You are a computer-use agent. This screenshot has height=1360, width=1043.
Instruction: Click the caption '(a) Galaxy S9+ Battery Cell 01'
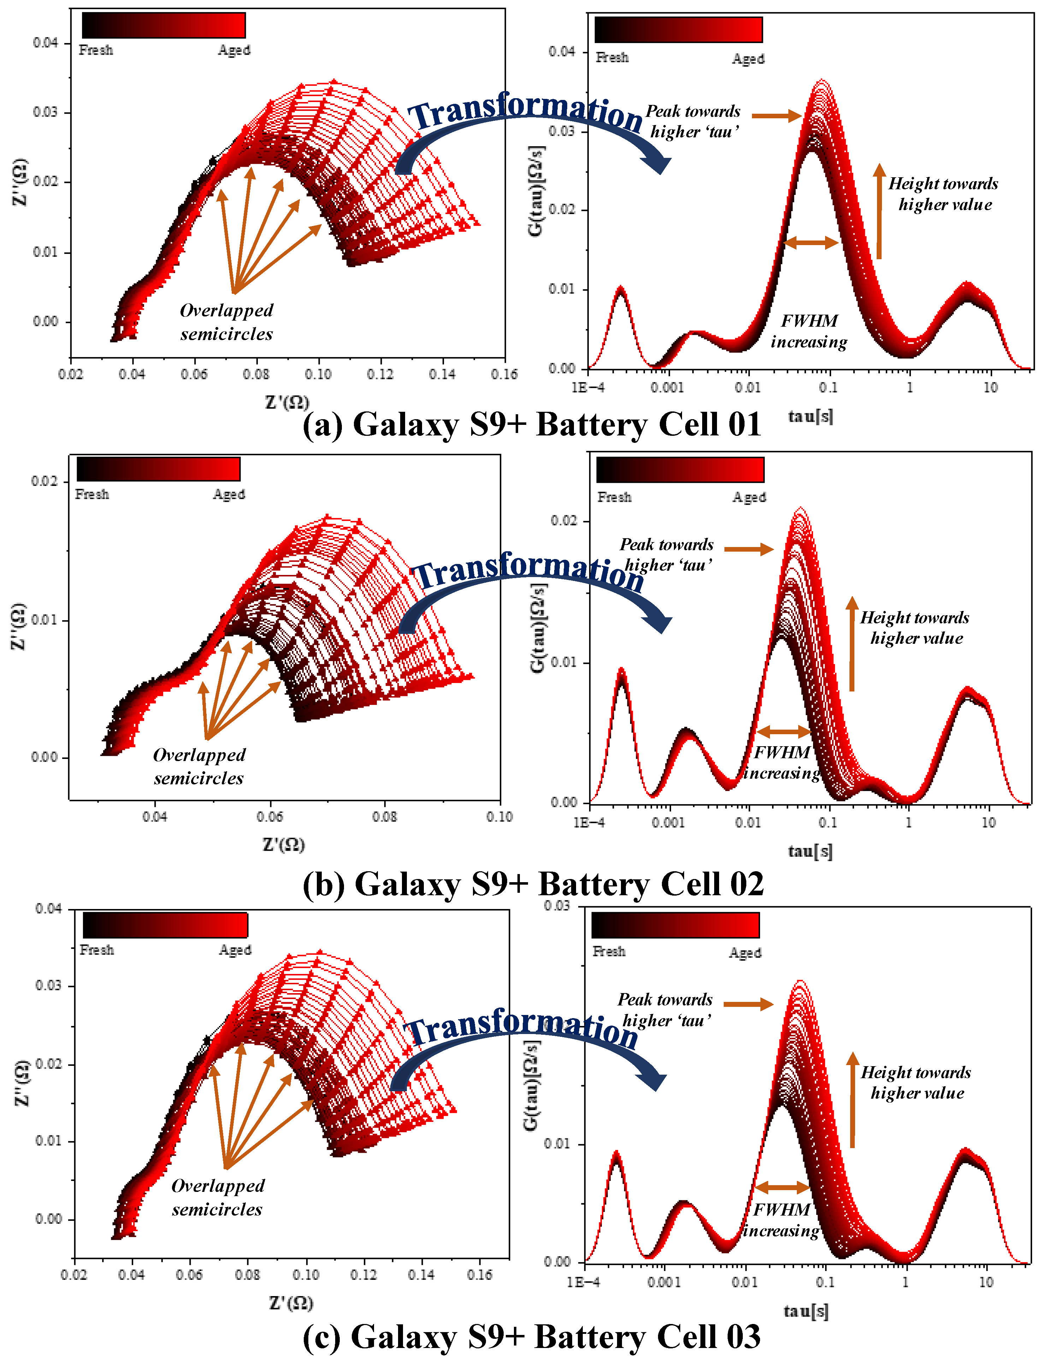pos(532,425)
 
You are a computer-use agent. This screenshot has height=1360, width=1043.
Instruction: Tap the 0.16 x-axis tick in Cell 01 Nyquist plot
pos(504,374)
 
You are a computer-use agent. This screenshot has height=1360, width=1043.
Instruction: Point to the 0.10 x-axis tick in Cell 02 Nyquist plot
pos(499,817)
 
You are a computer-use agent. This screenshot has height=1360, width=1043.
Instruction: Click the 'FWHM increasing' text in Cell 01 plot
pos(809,332)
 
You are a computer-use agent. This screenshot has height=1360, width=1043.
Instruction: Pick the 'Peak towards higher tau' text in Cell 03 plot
pos(664,1010)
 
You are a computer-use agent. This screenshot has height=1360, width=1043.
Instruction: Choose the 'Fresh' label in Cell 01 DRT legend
pos(612,58)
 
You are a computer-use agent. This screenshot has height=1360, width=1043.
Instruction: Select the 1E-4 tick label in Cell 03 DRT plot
pos(583,1282)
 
